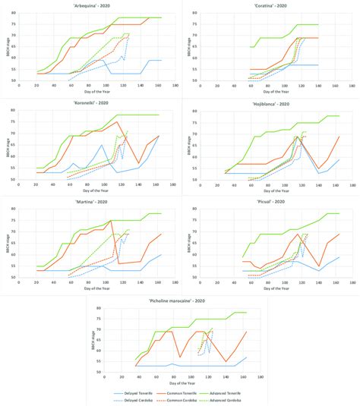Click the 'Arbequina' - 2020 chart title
(90, 5)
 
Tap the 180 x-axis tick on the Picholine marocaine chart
(260, 376)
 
